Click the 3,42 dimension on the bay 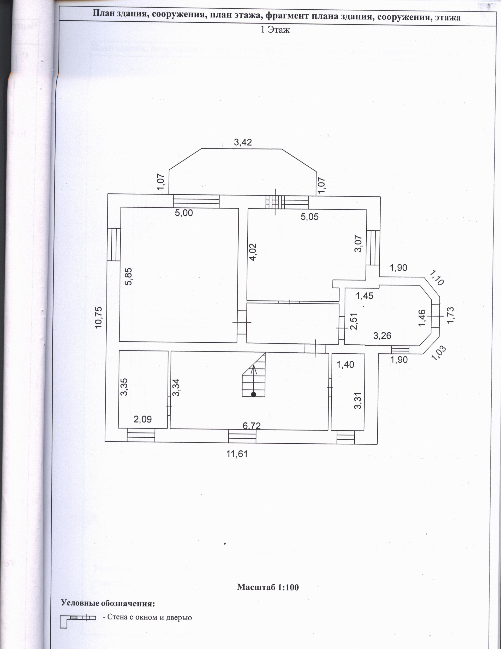click(x=243, y=142)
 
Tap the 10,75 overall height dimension click(x=99, y=317)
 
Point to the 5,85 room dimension click(x=128, y=277)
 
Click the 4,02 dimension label click(x=253, y=252)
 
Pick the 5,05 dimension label click(x=309, y=217)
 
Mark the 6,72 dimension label click(x=251, y=426)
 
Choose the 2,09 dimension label click(x=143, y=419)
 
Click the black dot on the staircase click(x=253, y=394)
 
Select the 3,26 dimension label click(x=382, y=336)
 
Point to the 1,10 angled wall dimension click(x=437, y=278)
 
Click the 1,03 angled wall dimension click(x=439, y=353)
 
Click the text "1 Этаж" click(x=275, y=30)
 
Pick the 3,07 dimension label click(x=359, y=243)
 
